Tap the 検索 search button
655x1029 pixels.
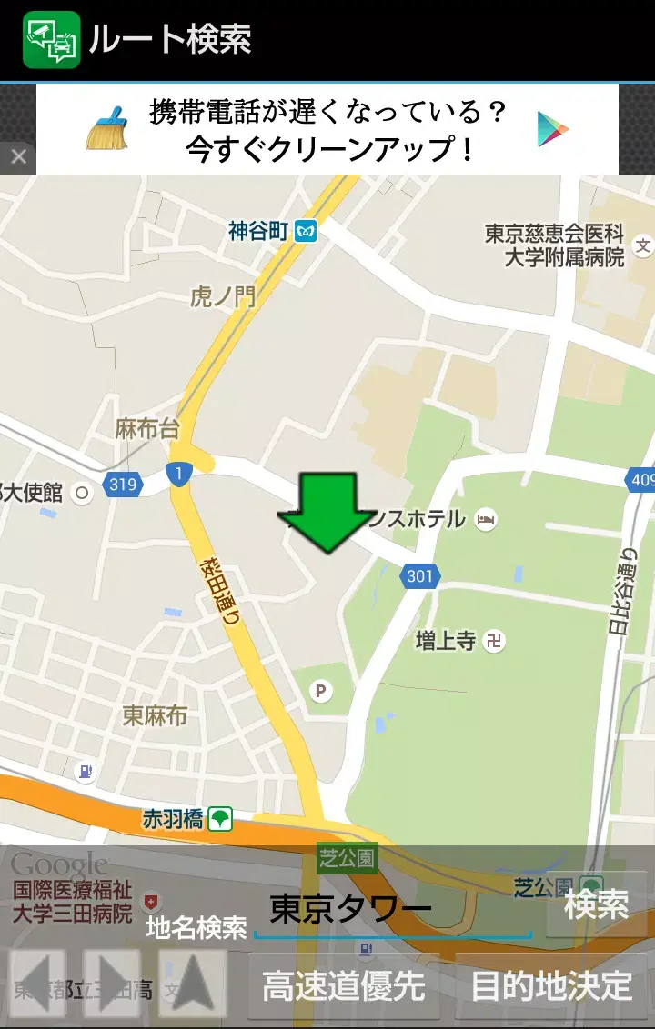tap(596, 904)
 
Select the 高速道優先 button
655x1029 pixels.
tap(343, 986)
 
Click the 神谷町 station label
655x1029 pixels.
tap(258, 231)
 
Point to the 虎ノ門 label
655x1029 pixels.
tap(223, 296)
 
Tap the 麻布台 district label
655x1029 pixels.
tap(147, 429)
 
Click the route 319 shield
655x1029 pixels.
tap(122, 485)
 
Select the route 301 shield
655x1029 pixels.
tap(420, 575)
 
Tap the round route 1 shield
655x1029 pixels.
tap(178, 473)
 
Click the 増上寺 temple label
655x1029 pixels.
tap(446, 641)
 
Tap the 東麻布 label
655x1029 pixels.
tap(155, 716)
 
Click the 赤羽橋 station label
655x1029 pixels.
tap(173, 819)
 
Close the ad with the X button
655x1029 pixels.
tap(18, 157)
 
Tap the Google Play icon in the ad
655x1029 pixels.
tap(553, 128)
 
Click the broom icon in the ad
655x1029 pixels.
tap(107, 128)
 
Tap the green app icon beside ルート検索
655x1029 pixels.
tap(52, 40)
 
